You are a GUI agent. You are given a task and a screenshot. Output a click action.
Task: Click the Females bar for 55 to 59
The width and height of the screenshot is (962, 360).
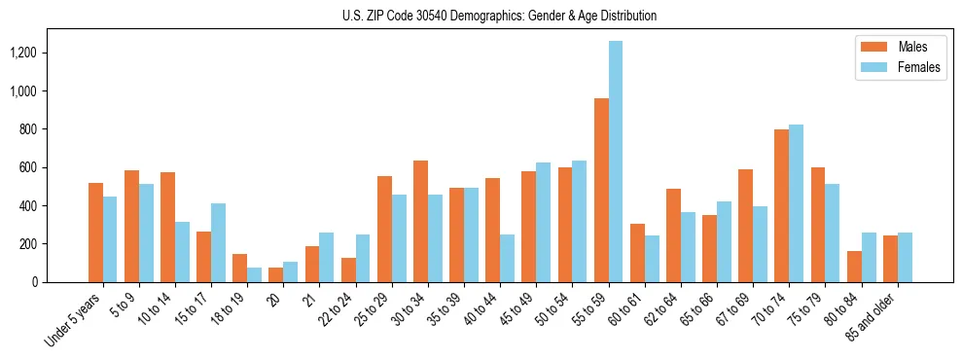tap(616, 162)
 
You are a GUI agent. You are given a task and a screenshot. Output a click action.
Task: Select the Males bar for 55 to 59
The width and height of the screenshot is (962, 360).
tap(601, 190)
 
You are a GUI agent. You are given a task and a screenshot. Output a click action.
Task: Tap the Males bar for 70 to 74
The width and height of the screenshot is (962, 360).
tap(781, 205)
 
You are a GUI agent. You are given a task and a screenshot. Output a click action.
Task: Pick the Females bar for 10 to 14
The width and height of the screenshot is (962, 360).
tap(182, 252)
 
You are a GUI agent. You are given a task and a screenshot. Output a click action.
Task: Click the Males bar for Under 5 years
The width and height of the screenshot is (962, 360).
tap(95, 233)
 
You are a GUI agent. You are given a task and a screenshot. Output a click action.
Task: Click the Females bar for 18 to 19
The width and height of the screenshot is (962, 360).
tap(254, 274)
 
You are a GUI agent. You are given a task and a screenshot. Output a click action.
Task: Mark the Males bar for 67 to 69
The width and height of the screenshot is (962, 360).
tap(745, 226)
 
